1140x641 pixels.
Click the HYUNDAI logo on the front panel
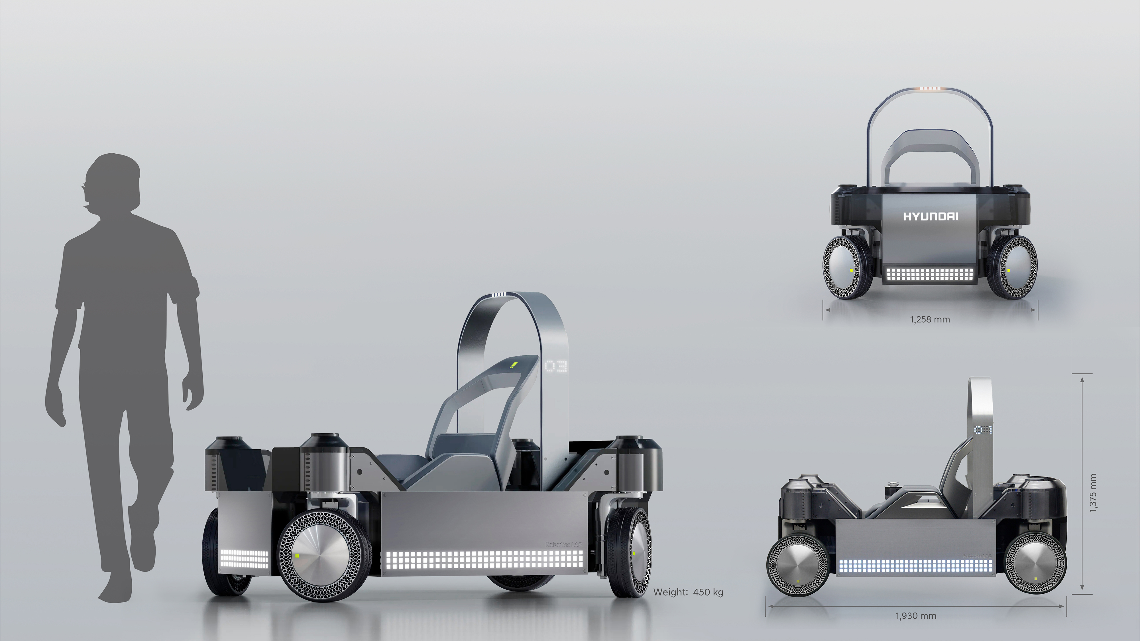click(930, 217)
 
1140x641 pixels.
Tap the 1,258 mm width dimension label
click(930, 320)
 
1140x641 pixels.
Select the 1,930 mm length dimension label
click(916, 616)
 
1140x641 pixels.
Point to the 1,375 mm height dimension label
click(1093, 493)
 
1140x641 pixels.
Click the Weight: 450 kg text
click(688, 592)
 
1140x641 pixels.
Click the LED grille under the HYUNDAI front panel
click(930, 274)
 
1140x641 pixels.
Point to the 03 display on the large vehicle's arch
click(556, 366)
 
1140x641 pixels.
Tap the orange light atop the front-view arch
click(930, 89)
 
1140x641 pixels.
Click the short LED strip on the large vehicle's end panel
click(244, 559)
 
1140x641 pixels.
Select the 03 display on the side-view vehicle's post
click(980, 430)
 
